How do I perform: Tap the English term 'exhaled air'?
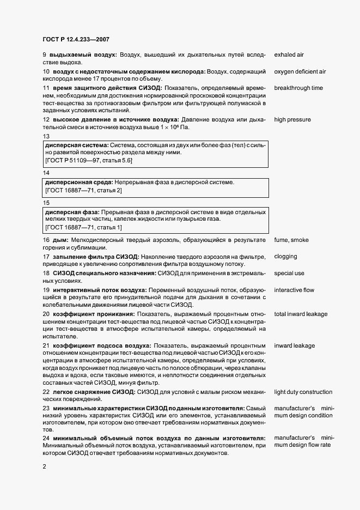[x=289, y=56]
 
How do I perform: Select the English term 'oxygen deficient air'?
[x=300, y=71]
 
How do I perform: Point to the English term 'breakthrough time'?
[x=298, y=88]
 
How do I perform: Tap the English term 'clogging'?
[x=285, y=256]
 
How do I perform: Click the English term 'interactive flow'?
[x=294, y=290]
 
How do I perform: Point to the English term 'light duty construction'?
[x=303, y=392]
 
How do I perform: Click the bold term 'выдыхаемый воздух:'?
[x=83, y=56]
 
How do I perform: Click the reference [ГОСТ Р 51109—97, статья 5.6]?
[x=88, y=161]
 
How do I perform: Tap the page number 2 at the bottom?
[x=44, y=466]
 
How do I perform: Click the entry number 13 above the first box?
[x=46, y=136]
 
